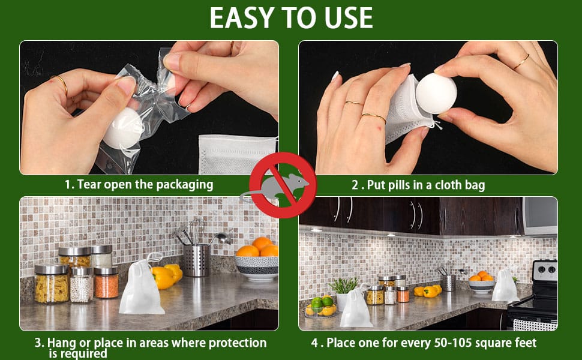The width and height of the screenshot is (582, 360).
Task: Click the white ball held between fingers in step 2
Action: pyautogui.click(x=436, y=93)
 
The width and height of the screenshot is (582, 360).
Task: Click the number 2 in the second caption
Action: pyautogui.click(x=355, y=185)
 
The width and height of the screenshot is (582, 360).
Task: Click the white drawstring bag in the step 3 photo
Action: pyautogui.click(x=141, y=286)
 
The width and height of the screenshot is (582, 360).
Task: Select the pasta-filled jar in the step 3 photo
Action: pyautogui.click(x=51, y=284)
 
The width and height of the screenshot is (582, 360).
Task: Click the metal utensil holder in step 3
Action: pyautogui.click(x=196, y=260)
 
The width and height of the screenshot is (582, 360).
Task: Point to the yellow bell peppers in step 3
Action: pyautogui.click(x=167, y=276)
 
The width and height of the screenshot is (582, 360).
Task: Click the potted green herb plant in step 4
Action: pyautogui.click(x=343, y=292)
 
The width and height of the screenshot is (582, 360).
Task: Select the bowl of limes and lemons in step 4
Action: pyautogui.click(x=320, y=307)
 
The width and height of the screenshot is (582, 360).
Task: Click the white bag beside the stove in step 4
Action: pyautogui.click(x=505, y=286)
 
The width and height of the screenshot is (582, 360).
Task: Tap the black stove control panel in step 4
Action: pyautogui.click(x=545, y=271)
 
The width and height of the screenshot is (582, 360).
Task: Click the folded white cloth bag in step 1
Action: pyautogui.click(x=238, y=154)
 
